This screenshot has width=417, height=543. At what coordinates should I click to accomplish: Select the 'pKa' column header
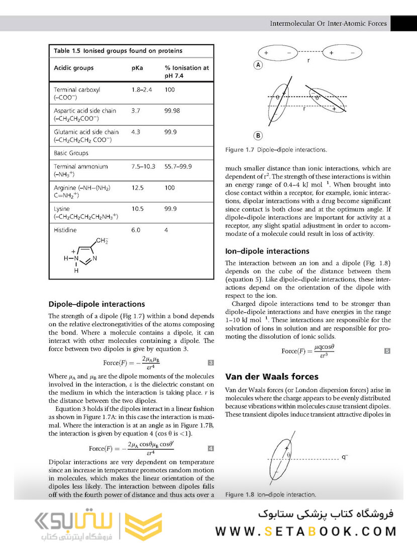[137, 68]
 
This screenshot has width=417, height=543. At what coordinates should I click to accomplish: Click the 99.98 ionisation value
[173, 111]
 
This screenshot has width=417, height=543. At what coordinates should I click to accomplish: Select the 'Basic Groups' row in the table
[71, 153]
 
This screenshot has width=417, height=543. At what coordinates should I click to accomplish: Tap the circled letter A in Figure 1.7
[258, 64]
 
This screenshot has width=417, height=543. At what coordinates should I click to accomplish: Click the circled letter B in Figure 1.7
[258, 135]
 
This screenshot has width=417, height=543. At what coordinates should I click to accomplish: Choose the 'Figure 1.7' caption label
[240, 150]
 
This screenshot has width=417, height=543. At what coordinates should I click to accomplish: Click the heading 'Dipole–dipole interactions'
[96, 304]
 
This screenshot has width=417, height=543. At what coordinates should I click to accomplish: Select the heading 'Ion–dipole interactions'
[267, 251]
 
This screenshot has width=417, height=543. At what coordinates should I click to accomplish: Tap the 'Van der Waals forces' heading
[271, 377]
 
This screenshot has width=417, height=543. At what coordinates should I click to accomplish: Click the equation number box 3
[211, 363]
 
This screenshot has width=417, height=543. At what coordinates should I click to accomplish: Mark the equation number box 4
[211, 448]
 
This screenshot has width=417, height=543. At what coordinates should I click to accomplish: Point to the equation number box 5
[387, 351]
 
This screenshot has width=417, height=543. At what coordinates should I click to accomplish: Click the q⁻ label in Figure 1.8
[345, 457]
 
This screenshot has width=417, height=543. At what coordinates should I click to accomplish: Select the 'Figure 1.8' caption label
[240, 495]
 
